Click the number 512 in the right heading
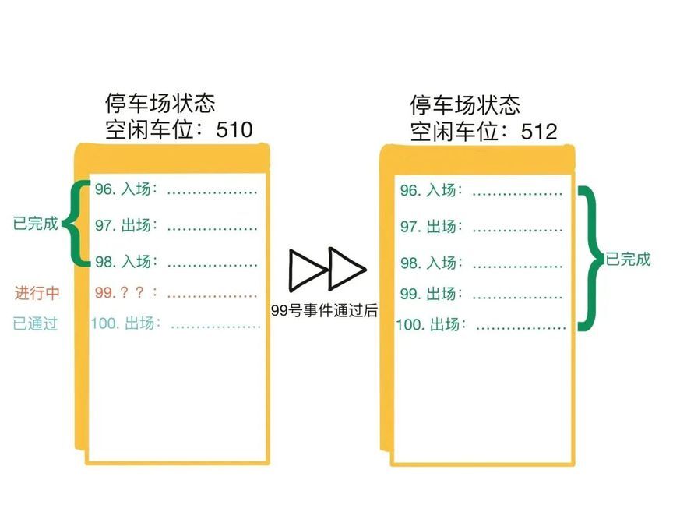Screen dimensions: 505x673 [538, 131]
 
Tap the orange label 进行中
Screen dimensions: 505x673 [37, 293]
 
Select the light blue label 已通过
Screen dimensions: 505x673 [36, 323]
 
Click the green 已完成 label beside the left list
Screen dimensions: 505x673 [35, 224]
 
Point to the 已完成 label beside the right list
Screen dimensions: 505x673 [628, 260]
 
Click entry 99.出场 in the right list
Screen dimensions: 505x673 [428, 294]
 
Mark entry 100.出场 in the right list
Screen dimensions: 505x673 [431, 323]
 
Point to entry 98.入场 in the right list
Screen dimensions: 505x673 [428, 263]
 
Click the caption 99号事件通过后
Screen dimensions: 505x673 [324, 310]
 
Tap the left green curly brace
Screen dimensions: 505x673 [74, 224]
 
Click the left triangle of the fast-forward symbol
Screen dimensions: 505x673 [307, 269]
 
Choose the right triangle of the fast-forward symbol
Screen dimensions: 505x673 [346, 269]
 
